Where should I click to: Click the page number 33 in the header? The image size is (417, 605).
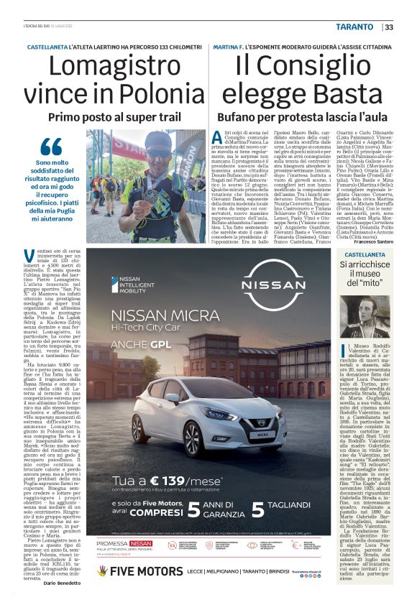pyautogui.click(x=389, y=27)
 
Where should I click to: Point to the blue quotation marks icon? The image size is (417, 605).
pyautogui.click(x=51, y=145)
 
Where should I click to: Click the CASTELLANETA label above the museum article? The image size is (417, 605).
pyautogui.click(x=365, y=255)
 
